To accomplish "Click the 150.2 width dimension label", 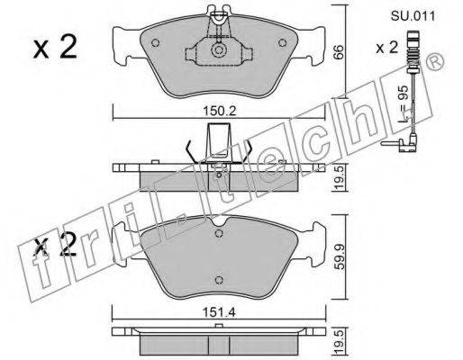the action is (220, 112).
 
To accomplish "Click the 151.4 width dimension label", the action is (219, 313).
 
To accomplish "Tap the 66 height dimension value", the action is (338, 52).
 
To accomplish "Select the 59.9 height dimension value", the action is (339, 256).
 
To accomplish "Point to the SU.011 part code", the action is (413, 15).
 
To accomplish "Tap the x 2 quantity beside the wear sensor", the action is (387, 48).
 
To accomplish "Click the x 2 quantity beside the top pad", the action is (55, 47).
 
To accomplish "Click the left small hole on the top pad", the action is (155, 43).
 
